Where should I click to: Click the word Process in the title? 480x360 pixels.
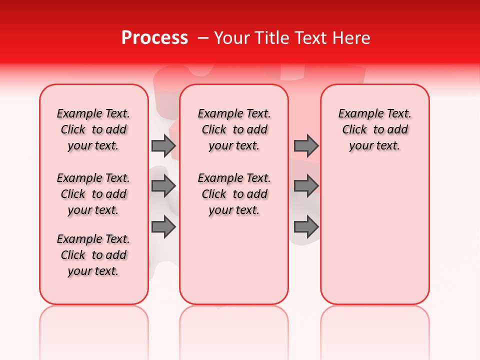click(154, 38)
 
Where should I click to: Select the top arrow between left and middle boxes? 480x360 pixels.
click(163, 145)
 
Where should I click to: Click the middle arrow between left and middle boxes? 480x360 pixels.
click(163, 186)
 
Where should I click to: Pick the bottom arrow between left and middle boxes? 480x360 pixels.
click(163, 227)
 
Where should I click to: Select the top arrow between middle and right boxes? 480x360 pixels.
click(306, 145)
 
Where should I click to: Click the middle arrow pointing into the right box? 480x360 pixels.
click(306, 186)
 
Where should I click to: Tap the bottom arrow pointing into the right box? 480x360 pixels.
click(306, 227)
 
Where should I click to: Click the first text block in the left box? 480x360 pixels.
click(93, 129)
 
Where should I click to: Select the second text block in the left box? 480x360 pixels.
click(93, 194)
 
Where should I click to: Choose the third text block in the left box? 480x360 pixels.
click(93, 255)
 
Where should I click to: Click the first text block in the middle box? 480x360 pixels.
click(234, 129)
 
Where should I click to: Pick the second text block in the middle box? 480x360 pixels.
click(234, 194)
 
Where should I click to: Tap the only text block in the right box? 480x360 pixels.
click(374, 129)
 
